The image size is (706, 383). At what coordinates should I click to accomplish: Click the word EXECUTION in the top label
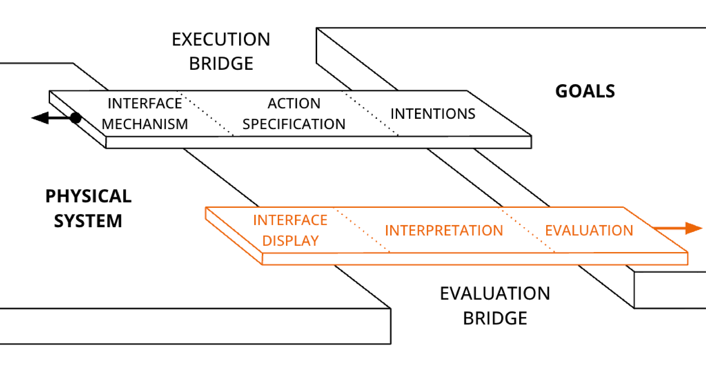tap(221, 39)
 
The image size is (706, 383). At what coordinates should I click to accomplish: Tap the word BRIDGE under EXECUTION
tap(221, 64)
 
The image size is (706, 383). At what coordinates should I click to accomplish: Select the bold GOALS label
tap(585, 91)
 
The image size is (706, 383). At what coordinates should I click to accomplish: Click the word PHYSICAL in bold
tap(88, 196)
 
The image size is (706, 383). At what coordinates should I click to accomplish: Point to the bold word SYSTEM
tap(88, 221)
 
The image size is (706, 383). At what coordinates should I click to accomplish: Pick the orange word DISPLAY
tap(290, 241)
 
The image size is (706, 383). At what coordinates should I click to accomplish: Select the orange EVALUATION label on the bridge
tap(589, 231)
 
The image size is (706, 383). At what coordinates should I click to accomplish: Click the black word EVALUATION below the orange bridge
tap(495, 294)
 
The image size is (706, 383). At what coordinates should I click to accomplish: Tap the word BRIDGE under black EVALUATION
tap(495, 318)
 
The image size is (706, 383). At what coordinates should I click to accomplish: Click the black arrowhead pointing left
tap(41, 118)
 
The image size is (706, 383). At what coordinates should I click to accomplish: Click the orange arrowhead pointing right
tap(693, 228)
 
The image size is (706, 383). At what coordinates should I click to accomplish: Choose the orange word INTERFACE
tap(290, 220)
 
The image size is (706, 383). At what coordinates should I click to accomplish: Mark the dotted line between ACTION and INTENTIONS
tap(370, 113)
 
